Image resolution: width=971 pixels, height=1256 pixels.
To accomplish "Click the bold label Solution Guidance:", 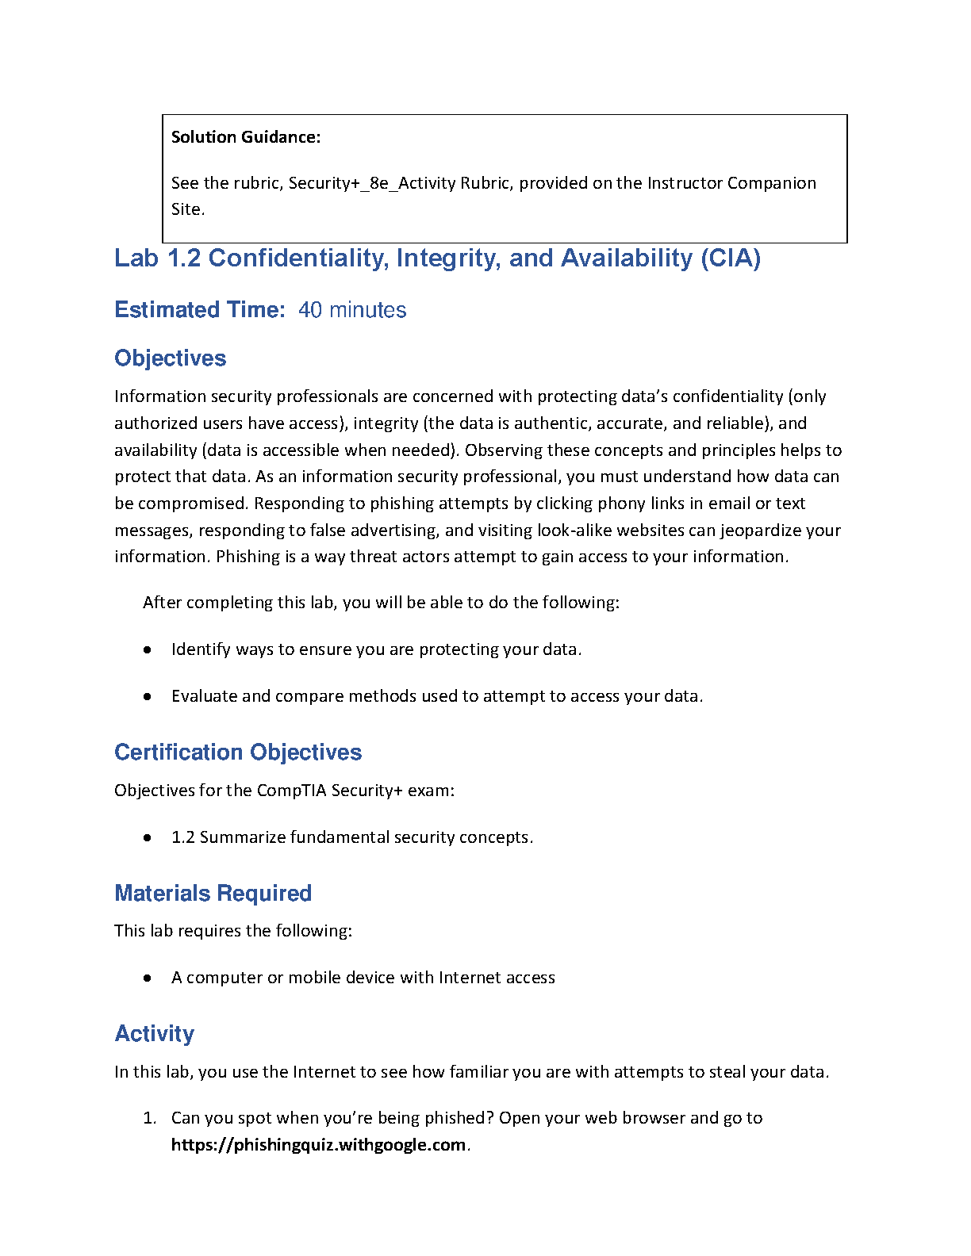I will [246, 137].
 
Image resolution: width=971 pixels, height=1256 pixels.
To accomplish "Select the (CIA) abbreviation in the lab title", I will [730, 258].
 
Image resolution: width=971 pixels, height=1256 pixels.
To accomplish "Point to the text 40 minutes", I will [352, 310].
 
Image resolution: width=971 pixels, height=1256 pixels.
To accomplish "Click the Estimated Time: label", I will [199, 310].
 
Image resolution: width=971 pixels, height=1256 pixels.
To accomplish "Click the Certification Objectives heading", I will [238, 752].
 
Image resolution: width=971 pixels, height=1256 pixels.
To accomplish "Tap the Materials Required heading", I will [213, 893].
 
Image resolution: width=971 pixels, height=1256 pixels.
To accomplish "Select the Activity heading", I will [154, 1033].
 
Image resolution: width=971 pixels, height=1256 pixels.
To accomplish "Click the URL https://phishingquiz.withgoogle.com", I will [318, 1145].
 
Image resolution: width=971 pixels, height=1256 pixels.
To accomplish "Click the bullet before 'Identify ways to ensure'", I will [148, 649].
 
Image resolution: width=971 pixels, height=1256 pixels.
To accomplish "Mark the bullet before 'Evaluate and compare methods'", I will [148, 696].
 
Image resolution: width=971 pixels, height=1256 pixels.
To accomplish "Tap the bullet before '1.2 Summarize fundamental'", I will [148, 837].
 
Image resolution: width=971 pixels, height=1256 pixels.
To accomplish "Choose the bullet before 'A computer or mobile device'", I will [148, 978].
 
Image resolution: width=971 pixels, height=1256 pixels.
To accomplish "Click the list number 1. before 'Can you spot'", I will [149, 1118].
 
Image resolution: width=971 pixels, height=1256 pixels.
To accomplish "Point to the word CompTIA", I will [292, 791].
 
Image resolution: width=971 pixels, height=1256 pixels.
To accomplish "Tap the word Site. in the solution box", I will [187, 209].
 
